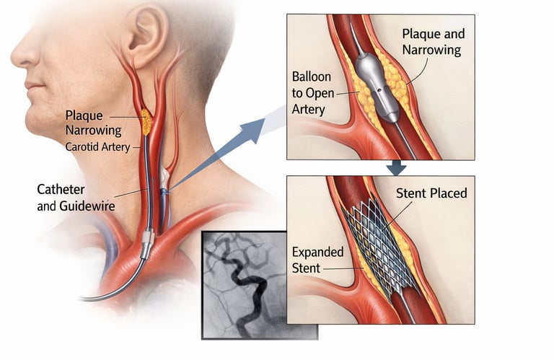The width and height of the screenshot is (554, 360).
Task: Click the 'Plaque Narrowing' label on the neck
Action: point(89,122)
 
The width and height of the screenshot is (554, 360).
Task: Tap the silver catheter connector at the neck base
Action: point(147,243)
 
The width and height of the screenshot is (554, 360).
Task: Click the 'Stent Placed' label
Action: point(431,193)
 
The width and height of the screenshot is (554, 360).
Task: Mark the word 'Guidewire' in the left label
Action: point(87,206)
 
